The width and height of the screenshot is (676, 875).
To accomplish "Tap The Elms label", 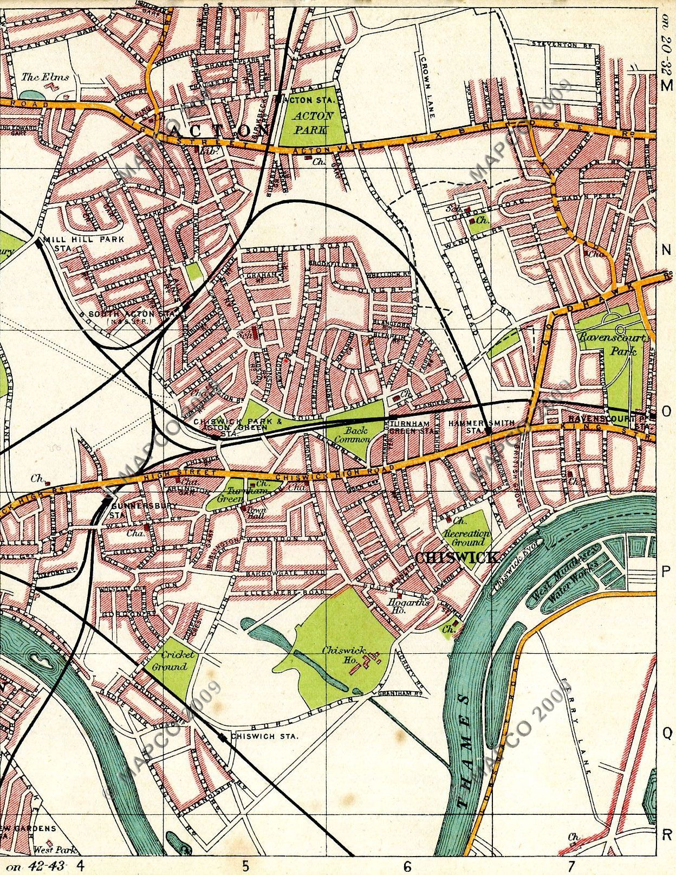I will click(45, 77).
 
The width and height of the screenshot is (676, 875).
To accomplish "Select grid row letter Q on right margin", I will click(667, 732).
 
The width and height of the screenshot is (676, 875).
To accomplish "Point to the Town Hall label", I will click(255, 513).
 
